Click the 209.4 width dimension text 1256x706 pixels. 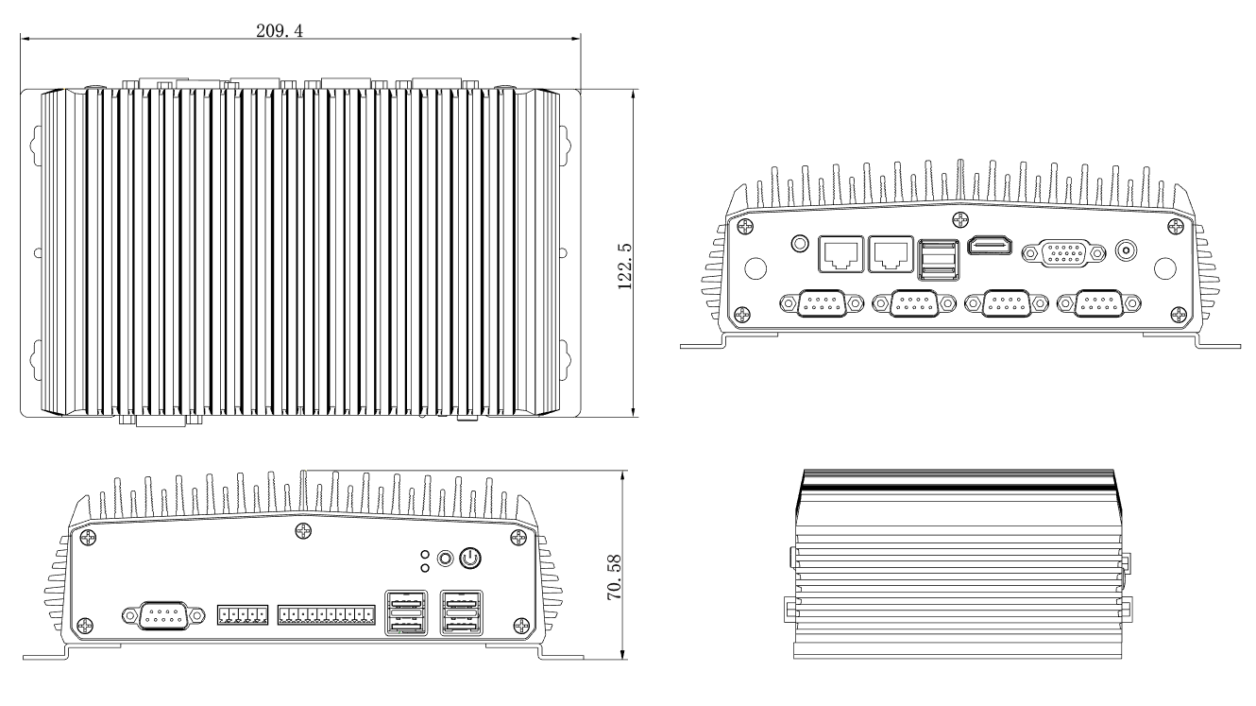(x=280, y=30)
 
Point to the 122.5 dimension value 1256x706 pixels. (x=624, y=266)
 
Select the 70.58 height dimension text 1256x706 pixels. (x=615, y=577)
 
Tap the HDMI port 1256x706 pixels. (x=990, y=246)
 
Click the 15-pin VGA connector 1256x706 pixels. (x=1063, y=253)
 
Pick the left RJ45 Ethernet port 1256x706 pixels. (x=841, y=254)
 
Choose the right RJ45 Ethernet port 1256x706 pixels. (x=891, y=254)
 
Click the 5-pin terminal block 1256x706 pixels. (x=242, y=615)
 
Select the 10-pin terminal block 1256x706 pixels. (x=327, y=615)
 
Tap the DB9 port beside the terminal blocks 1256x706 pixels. (x=163, y=615)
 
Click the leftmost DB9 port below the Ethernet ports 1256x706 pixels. (x=822, y=303)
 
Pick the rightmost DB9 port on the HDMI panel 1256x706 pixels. (x=1099, y=303)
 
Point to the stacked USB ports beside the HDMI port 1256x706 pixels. (x=938, y=259)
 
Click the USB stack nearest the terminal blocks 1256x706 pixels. (x=406, y=612)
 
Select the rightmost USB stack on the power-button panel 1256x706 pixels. (x=462, y=612)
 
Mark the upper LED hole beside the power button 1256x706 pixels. (x=425, y=555)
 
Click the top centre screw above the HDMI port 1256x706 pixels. (x=960, y=219)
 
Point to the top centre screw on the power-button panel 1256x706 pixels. (x=303, y=531)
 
